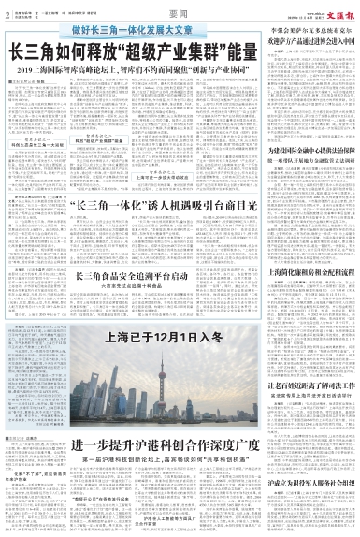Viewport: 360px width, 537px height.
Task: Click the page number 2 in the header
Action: (7, 8)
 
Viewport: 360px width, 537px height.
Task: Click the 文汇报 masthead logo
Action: (340, 7)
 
